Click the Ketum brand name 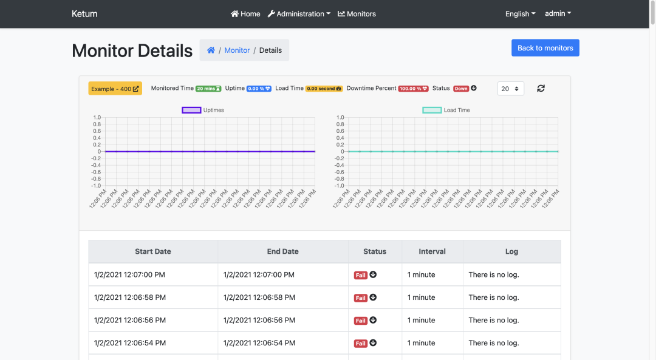coord(84,14)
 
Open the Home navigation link coord(245,14)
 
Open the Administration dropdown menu coord(299,14)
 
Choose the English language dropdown coord(520,14)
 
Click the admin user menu coord(558,13)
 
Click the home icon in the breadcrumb coord(211,50)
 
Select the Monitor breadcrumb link coord(237,50)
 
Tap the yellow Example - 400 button coord(115,89)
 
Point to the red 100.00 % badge coord(413,89)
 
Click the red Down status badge coord(461,89)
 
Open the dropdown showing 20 coord(510,89)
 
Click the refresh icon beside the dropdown coord(541,89)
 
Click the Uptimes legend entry coord(203,110)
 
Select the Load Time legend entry coord(446,110)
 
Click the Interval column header coord(432,251)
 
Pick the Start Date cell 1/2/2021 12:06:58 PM coord(129,297)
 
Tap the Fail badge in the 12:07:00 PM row coord(361,275)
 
